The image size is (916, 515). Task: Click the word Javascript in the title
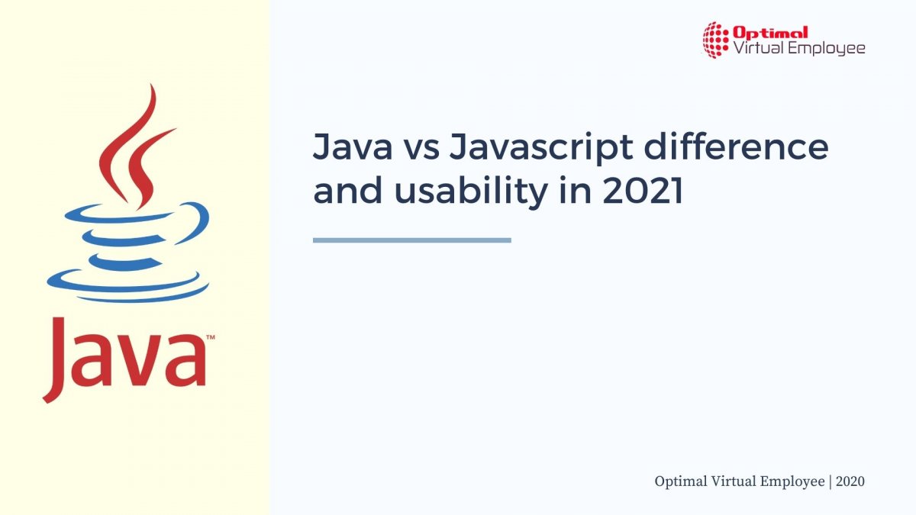click(x=541, y=148)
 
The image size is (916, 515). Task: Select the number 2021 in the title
click(x=643, y=191)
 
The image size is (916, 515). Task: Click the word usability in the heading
click(x=471, y=192)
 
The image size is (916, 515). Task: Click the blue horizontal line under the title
click(x=411, y=240)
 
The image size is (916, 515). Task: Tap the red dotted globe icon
click(x=716, y=40)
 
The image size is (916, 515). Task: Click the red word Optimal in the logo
click(x=770, y=32)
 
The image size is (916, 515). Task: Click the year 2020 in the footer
click(x=850, y=481)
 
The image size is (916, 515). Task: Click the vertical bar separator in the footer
click(x=831, y=482)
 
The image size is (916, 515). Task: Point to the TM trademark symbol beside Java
click(x=210, y=337)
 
